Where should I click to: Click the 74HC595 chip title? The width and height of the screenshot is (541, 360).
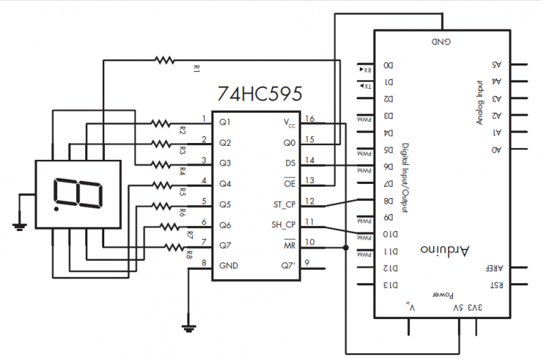261,94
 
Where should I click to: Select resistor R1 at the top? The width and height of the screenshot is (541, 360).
164,61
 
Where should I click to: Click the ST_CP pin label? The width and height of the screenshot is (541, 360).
285,205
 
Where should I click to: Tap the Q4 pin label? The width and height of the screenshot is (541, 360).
225,184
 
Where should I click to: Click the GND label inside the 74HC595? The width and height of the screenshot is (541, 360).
230,266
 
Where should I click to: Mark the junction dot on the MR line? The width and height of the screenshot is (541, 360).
346,248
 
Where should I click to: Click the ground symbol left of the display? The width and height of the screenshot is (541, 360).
20,225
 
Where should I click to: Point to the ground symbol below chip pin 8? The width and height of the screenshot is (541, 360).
189,327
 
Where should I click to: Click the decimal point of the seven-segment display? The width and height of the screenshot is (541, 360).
55,209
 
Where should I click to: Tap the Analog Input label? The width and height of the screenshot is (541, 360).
480,101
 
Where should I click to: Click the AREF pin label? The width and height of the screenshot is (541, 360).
492,268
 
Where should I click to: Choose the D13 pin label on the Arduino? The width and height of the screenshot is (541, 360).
388,285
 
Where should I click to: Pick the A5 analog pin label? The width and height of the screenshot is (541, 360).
496,64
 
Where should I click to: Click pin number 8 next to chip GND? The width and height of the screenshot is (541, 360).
204,263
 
